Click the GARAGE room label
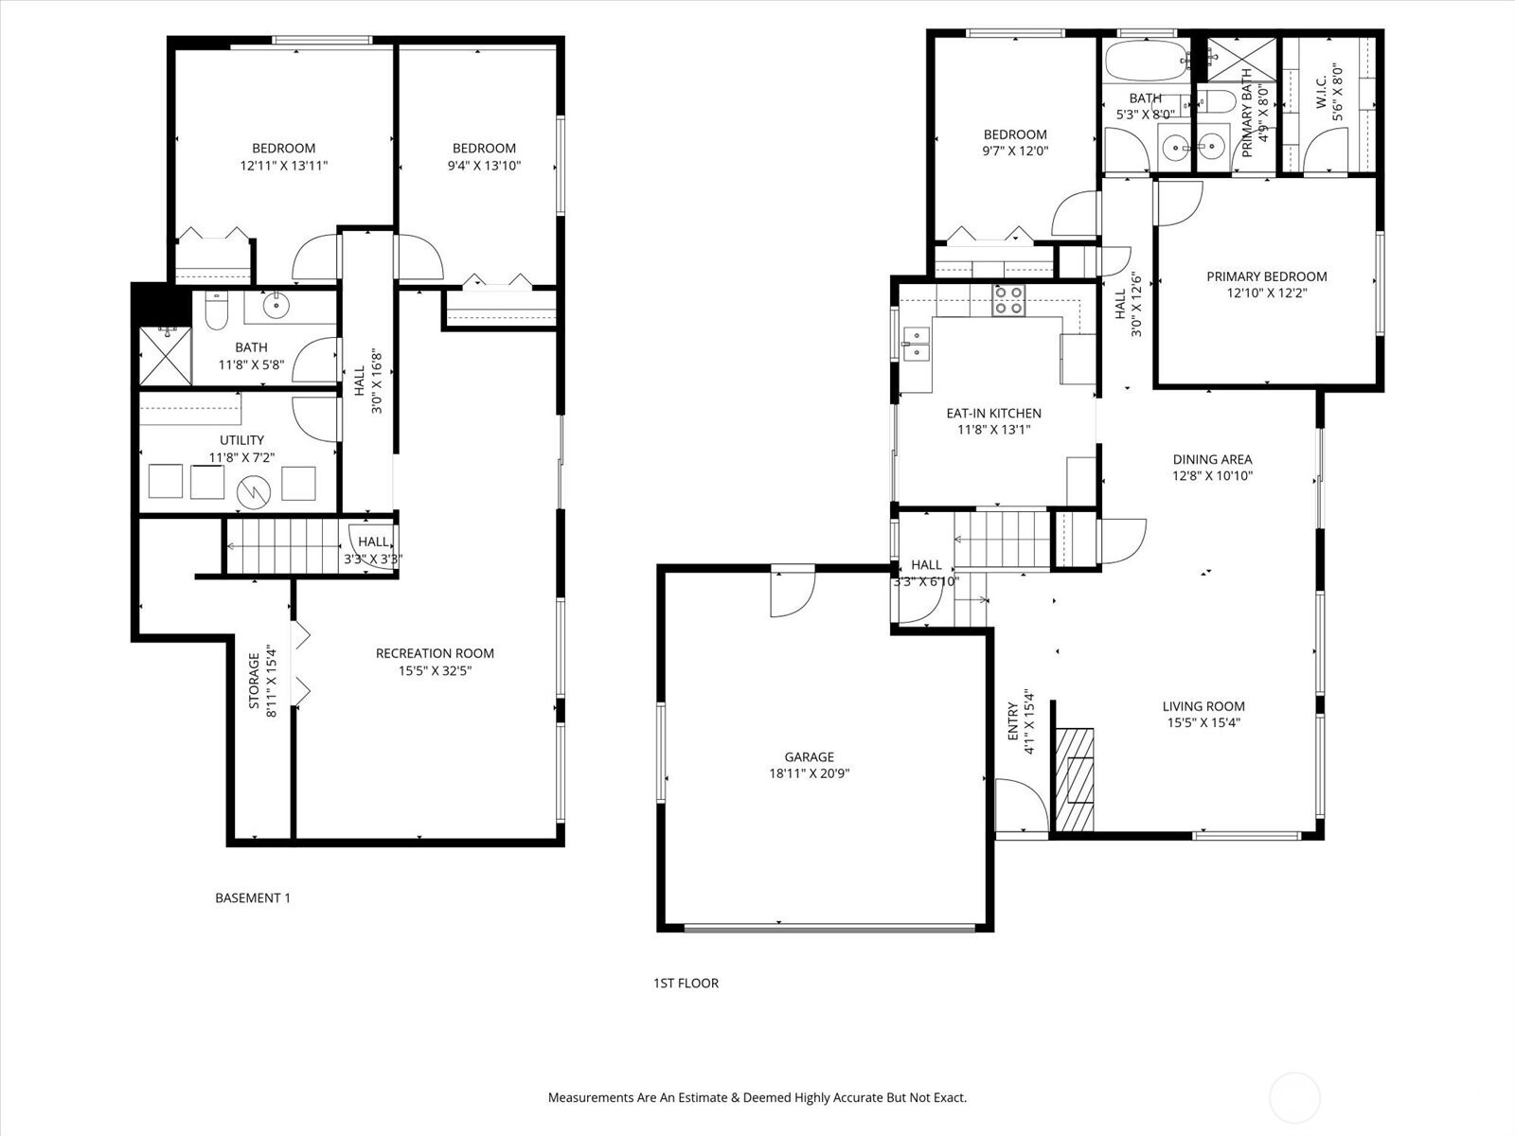tap(809, 756)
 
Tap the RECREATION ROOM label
tap(435, 653)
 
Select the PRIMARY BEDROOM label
tap(1267, 276)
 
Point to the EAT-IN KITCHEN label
tap(994, 413)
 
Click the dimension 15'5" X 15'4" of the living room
tap(1203, 723)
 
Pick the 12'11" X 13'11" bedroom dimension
tap(284, 166)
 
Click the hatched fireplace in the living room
tap(1075, 779)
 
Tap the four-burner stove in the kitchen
tap(1008, 301)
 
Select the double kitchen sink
tap(916, 344)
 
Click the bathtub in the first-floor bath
tap(1146, 61)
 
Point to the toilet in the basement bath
tap(216, 311)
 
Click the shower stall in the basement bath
tap(166, 356)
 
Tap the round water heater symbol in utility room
tap(254, 491)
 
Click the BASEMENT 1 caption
tap(253, 898)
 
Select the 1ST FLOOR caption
tap(686, 983)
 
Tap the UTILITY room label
tap(241, 440)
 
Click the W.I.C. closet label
tap(1320, 92)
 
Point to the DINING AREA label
tap(1212, 459)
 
